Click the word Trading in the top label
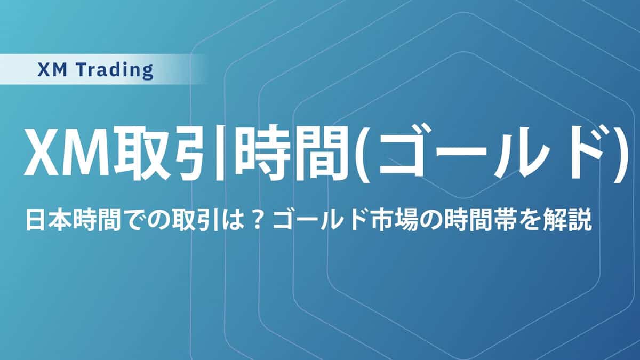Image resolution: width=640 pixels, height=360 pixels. [116, 70]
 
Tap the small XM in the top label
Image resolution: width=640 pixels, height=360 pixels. [52, 70]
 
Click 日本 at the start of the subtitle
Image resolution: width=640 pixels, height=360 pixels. [48, 220]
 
